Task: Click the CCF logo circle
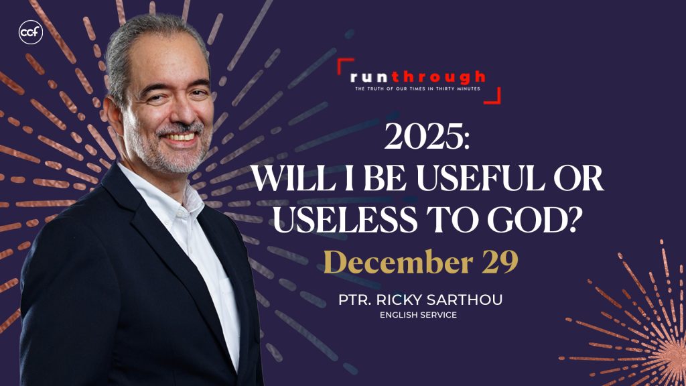click(x=31, y=32)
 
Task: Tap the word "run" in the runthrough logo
click(x=369, y=78)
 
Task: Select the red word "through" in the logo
click(x=438, y=78)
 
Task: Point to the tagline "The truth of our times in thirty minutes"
click(x=417, y=89)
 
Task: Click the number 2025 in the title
click(x=427, y=136)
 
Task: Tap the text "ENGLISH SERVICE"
click(x=418, y=315)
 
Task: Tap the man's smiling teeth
click(x=181, y=137)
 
